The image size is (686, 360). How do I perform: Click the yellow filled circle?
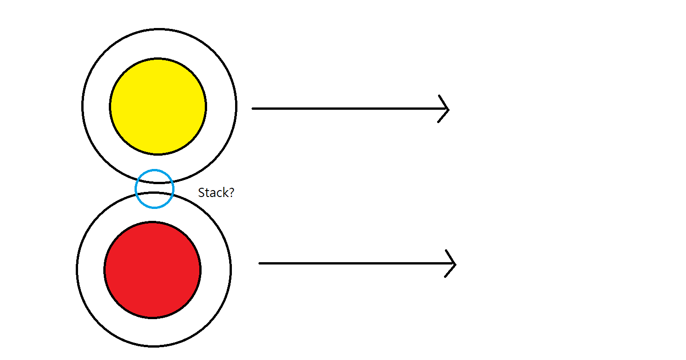click(158, 106)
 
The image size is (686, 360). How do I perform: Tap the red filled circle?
click(152, 270)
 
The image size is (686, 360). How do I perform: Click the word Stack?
click(216, 193)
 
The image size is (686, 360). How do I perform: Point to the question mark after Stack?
click(231, 193)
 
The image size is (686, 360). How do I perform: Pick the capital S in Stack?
click(201, 193)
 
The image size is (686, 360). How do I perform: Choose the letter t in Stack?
click(207, 193)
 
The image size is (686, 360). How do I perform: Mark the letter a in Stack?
click(212, 194)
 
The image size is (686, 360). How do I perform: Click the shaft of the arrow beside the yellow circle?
click(344, 109)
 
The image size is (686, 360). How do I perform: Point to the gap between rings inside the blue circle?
click(155, 187)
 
